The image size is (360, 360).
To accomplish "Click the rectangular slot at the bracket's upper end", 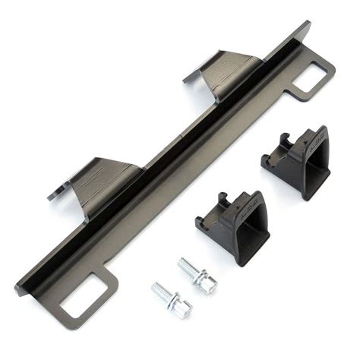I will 313,76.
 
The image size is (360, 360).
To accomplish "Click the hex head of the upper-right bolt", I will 206,282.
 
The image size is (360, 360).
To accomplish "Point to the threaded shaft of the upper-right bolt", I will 187,267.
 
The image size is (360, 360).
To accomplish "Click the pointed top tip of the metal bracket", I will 308,24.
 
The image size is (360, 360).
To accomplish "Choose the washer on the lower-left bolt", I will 172,300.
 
